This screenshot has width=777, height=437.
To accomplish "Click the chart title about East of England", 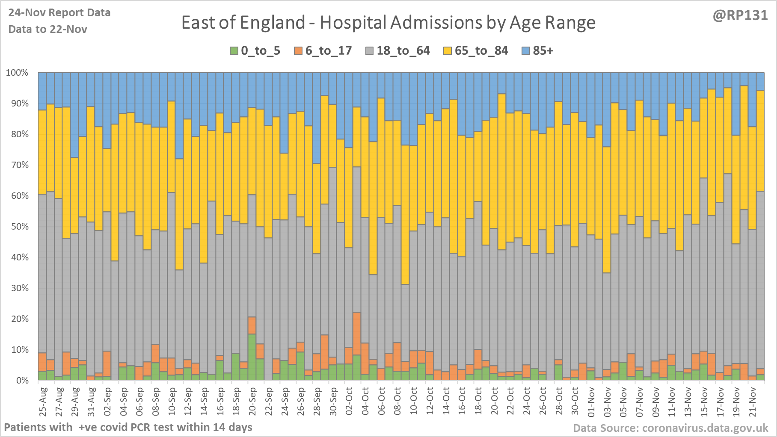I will coord(388,23).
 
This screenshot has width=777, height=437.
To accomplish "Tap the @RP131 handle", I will coord(740,15).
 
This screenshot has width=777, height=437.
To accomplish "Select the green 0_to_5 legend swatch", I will coord(234,51).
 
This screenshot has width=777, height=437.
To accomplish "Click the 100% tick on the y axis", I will coord(17,73).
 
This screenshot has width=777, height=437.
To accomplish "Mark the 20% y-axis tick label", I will coord(20,319).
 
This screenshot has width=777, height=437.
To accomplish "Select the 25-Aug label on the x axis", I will coord(43,402).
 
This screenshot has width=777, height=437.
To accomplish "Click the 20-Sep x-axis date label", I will coord(252,402).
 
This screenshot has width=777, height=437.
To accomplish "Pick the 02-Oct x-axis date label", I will coord(349,402).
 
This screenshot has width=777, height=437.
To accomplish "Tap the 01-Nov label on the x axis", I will coord(591,402).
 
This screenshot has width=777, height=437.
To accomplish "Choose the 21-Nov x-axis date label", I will coord(752,402).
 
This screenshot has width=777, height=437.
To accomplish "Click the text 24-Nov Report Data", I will coord(59,13).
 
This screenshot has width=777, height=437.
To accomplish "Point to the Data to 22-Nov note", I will coord(47,30).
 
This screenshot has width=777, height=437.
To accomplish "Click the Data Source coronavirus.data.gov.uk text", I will coord(670,428).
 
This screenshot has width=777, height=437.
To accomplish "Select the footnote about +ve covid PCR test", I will coord(128,427).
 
